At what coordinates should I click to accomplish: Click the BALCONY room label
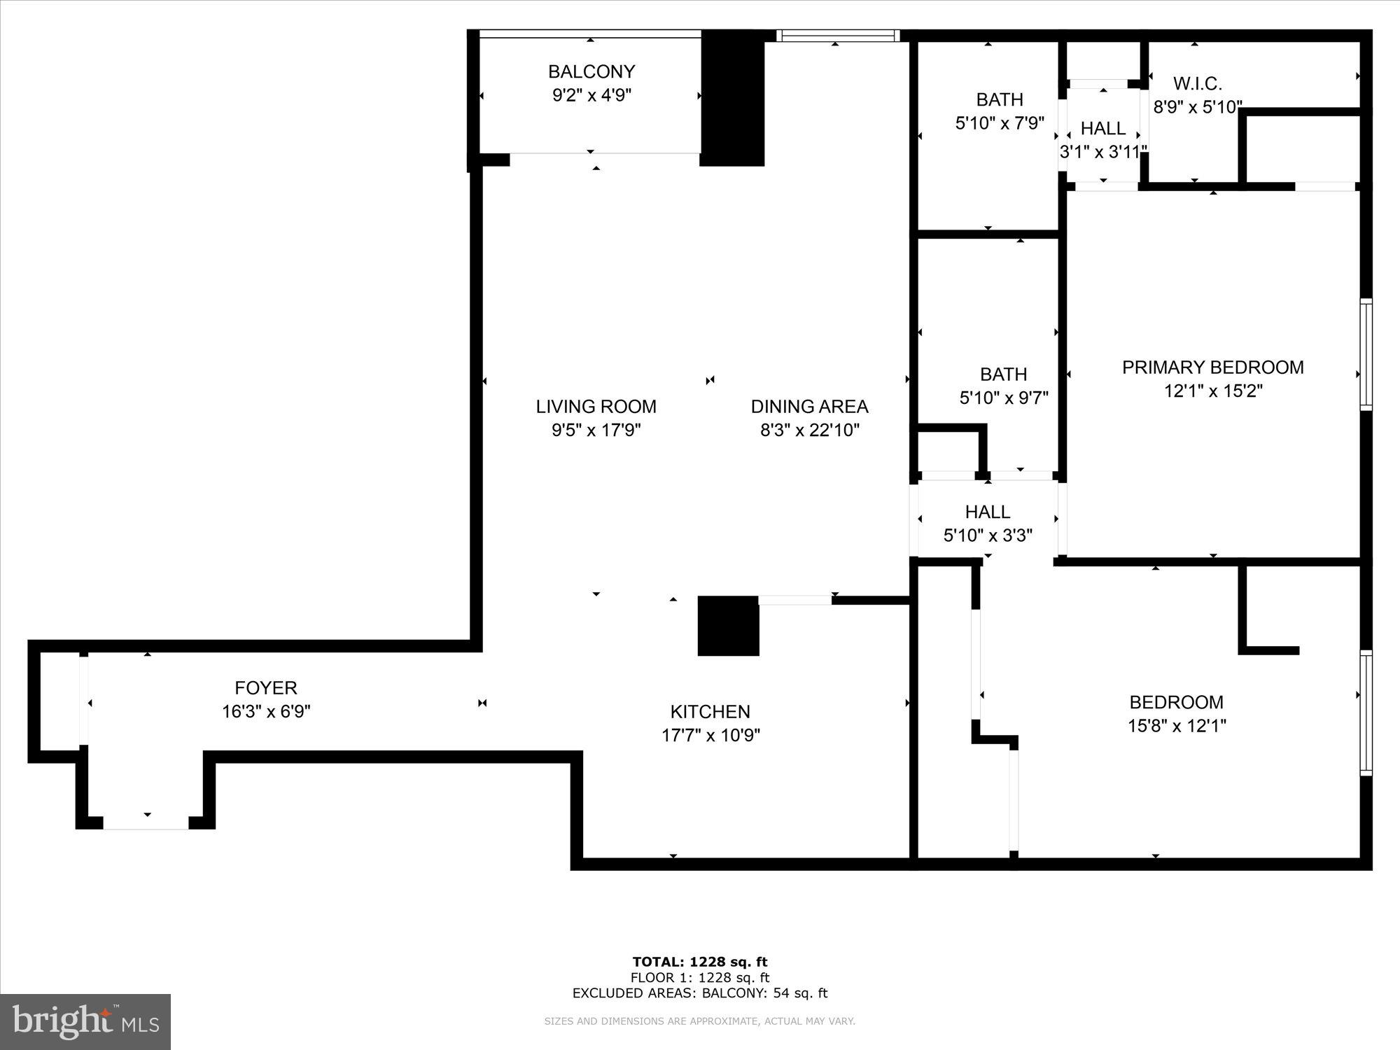[591, 72]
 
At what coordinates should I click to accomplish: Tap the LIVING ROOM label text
[596, 407]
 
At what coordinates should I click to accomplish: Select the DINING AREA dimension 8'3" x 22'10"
[810, 430]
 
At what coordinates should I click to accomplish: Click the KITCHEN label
[710, 712]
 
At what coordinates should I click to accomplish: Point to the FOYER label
[266, 688]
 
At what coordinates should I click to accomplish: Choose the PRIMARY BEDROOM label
[1212, 367]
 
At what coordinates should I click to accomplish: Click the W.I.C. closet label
[1197, 84]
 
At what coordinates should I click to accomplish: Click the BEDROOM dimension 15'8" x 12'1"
[1176, 726]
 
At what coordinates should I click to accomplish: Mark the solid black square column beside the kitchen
[728, 626]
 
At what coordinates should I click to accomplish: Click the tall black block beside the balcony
[732, 98]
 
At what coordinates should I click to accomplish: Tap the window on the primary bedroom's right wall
[1366, 354]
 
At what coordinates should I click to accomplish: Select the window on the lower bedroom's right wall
[1366, 713]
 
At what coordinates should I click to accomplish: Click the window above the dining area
[838, 36]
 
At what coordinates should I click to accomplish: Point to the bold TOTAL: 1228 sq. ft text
[700, 962]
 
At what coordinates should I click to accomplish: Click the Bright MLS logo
[85, 1022]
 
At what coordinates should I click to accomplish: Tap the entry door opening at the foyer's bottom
[146, 824]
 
